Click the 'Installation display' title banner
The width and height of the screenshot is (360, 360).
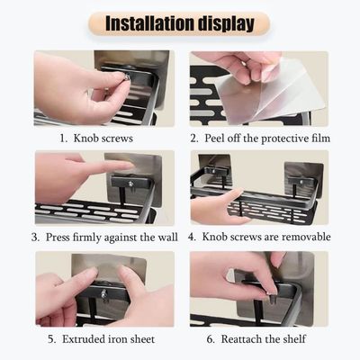[x=180, y=22]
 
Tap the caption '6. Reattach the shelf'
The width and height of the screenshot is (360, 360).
[x=260, y=338]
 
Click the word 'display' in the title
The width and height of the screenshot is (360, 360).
[x=229, y=22]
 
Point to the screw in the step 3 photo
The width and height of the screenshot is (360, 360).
[x=129, y=184]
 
